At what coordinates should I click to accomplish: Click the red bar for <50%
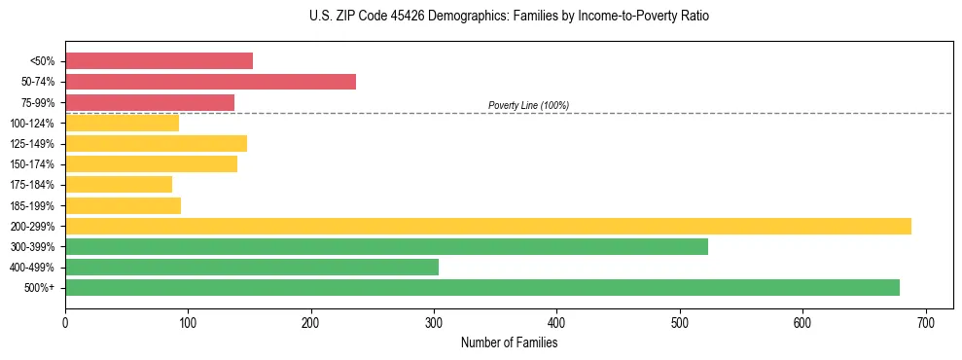tap(159, 61)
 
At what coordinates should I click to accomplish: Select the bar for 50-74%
tap(210, 82)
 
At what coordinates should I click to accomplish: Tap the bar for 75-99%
tap(150, 102)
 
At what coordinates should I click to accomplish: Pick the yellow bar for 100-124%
tap(122, 123)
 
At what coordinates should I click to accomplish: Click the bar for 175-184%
tap(119, 184)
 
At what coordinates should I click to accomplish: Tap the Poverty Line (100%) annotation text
tap(528, 105)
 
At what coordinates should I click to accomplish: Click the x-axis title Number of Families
tap(509, 342)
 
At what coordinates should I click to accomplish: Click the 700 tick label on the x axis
tap(925, 319)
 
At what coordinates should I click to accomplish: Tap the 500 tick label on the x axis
tap(680, 319)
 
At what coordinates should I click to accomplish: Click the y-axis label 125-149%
tap(32, 144)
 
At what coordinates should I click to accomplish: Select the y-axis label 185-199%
tap(32, 205)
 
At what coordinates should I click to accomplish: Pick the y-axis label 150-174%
tap(32, 164)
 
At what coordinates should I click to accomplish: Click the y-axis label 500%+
tap(38, 288)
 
